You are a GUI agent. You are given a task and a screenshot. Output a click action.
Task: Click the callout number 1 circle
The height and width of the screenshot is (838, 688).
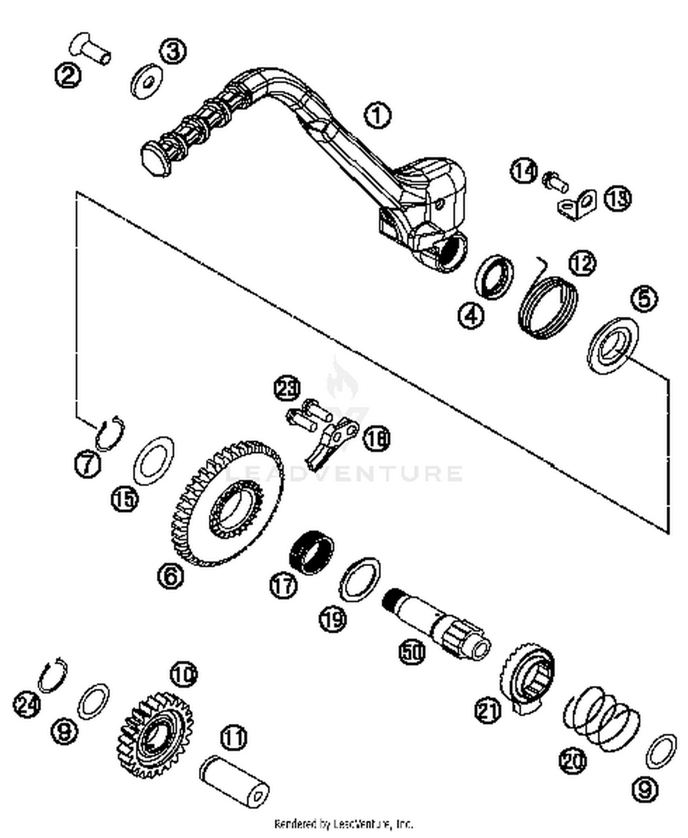pyautogui.click(x=377, y=116)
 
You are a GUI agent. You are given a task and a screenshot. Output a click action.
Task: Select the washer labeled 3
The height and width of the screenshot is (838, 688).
pyautogui.click(x=147, y=83)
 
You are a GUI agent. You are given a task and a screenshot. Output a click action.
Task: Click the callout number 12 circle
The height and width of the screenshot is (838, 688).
pyautogui.click(x=582, y=264)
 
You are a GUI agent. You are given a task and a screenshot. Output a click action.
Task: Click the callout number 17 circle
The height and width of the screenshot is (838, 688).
pyautogui.click(x=283, y=585)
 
